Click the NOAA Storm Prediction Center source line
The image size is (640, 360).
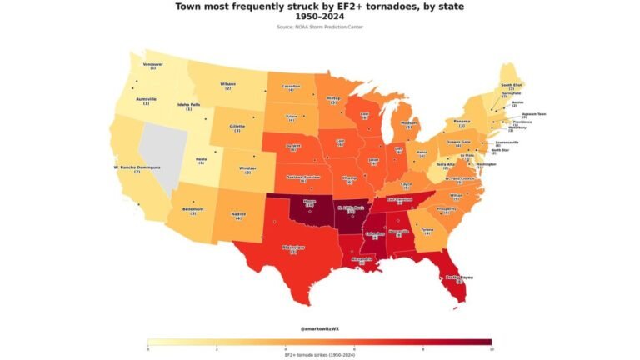tap(320, 27)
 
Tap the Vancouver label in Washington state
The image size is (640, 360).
tap(153, 65)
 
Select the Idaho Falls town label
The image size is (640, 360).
tap(188, 106)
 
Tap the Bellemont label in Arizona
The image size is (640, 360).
tap(193, 210)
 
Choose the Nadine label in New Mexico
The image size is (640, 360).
tap(237, 215)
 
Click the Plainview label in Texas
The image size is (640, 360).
tap(294, 248)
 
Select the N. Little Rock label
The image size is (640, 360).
tap(351, 209)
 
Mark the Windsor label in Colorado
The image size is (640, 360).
tap(247, 168)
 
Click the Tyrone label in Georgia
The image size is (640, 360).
tap(427, 230)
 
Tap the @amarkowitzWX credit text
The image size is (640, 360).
tap(320, 329)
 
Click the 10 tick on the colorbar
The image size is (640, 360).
tap(491, 348)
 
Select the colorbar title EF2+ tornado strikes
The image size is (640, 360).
tap(320, 354)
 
